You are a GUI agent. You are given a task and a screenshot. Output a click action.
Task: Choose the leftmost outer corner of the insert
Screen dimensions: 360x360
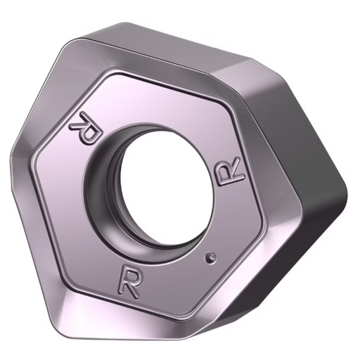11,141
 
